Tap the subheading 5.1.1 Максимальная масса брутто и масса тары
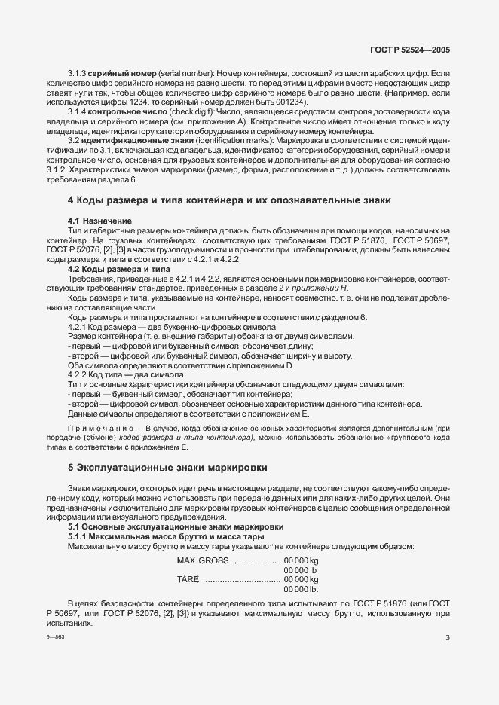[165, 536]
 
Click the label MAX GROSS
[203, 561]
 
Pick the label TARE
[188, 579]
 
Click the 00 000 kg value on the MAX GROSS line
[301, 561]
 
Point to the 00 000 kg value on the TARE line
[301, 579]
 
